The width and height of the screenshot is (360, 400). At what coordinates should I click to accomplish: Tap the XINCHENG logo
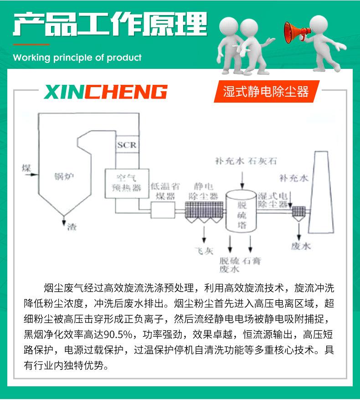106,92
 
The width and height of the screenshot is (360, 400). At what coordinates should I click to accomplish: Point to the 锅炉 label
63,176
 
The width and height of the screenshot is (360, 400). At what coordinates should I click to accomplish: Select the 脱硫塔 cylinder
242,211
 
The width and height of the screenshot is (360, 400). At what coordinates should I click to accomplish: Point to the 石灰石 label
262,161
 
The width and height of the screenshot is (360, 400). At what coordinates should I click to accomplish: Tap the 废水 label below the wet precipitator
300,246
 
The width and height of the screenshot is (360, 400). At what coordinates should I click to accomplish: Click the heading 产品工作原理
110,25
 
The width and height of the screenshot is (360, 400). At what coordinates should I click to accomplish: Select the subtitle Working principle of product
77,58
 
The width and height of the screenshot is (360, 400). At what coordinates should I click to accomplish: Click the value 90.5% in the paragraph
119,334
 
